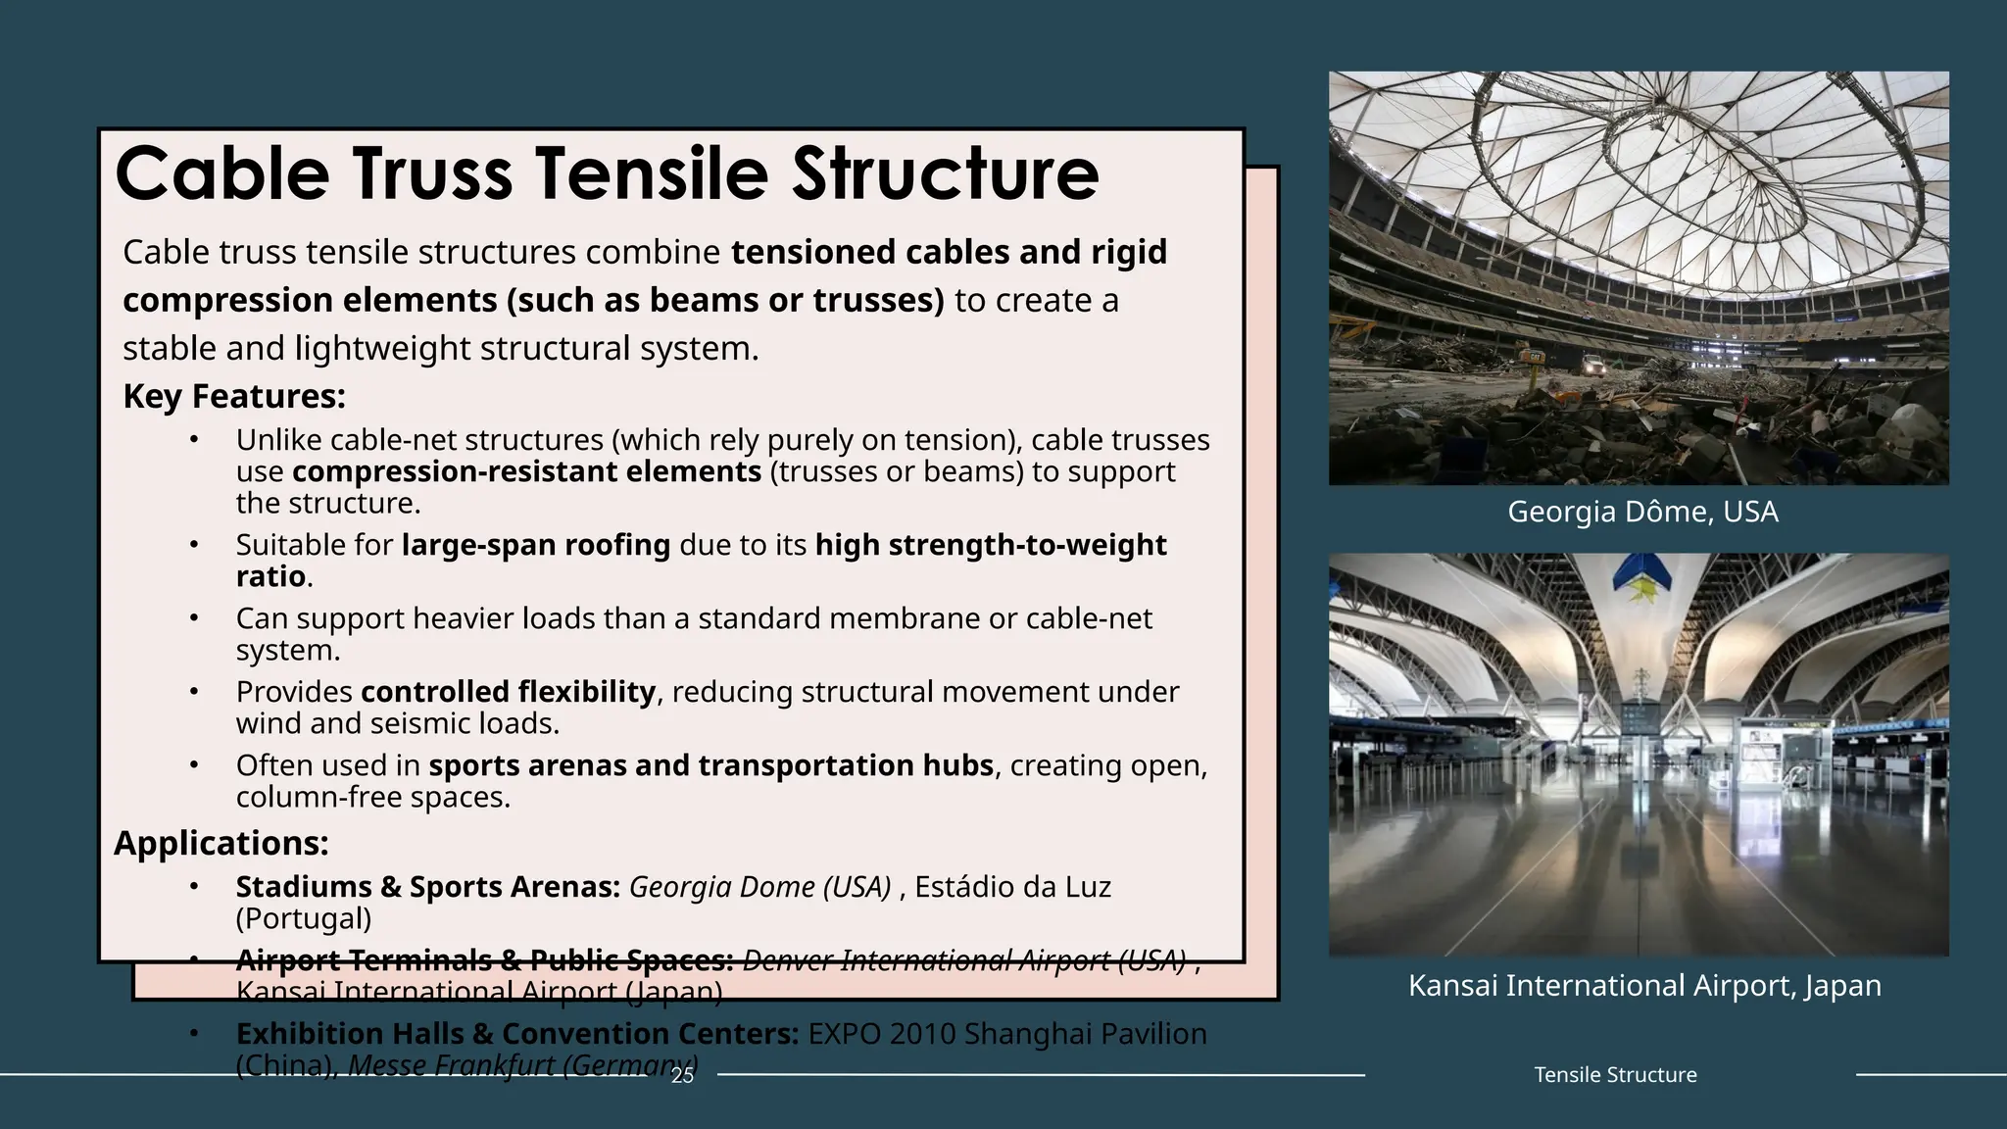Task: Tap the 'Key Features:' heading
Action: [234, 396]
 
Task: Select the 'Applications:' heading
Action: [221, 843]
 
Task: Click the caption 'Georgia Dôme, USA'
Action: [1642, 512]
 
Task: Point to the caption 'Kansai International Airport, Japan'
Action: [1644, 985]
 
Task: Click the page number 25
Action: [682, 1075]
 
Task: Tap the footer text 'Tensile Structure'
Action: [1615, 1075]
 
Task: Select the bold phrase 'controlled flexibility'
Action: [508, 692]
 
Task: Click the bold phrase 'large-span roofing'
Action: [536, 545]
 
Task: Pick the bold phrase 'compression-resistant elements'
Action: [526, 471]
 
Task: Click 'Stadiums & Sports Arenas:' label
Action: [427, 887]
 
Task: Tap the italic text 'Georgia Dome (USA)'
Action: [759, 887]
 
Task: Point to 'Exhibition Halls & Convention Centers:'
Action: [517, 1034]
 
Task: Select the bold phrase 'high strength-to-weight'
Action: [991, 545]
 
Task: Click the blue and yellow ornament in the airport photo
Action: [1641, 578]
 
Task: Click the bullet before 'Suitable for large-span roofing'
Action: [194, 544]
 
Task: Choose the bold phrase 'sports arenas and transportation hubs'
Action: [711, 765]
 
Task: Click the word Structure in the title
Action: [946, 173]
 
